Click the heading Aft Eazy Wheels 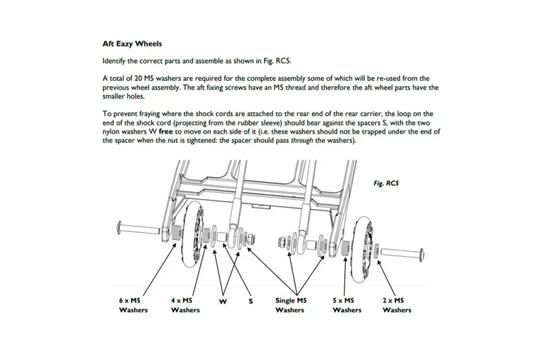[132, 44]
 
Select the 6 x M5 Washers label [133, 305]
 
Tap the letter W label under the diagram [222, 301]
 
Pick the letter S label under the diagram [251, 301]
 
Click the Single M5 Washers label [291, 305]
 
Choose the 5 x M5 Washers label [347, 305]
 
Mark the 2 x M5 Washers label [397, 305]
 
